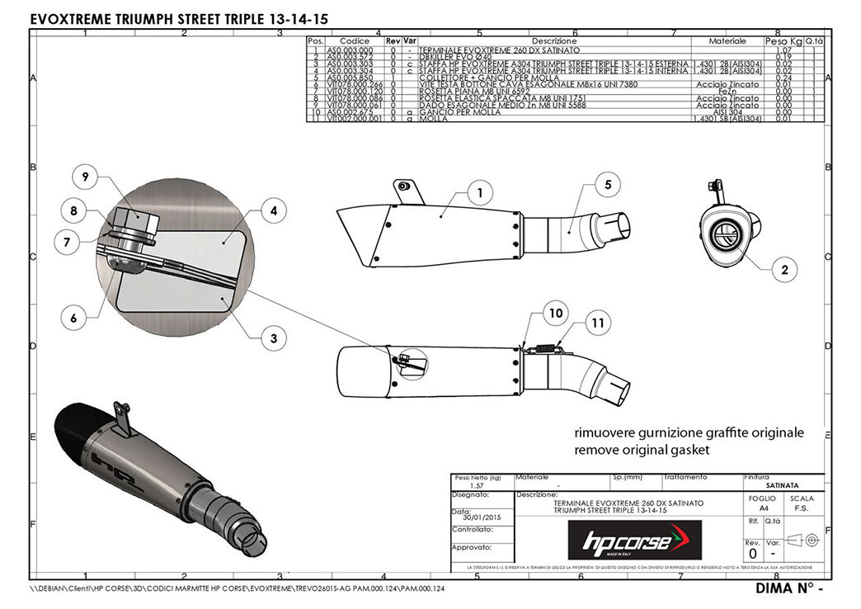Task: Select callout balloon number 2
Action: coord(784,267)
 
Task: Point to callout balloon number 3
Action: coord(273,337)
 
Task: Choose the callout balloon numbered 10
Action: coord(554,313)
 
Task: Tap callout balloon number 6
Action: coord(73,317)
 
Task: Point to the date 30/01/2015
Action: coord(482,517)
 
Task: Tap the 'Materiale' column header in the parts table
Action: coord(727,40)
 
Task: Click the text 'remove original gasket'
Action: coord(642,451)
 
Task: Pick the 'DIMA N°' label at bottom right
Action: coord(784,589)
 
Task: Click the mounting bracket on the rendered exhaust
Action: coord(123,416)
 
